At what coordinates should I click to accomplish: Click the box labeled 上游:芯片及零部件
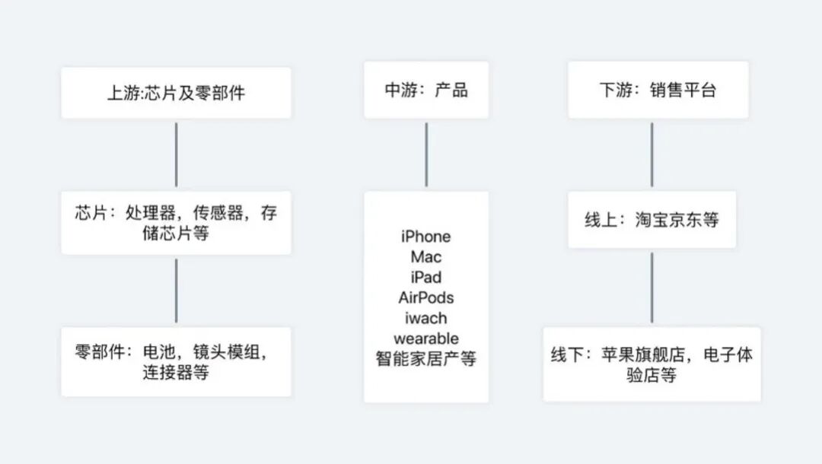pos(176,93)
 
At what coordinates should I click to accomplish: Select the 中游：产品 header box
pos(425,91)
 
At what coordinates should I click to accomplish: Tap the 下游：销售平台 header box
pos(658,91)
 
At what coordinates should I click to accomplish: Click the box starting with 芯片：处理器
pos(176,223)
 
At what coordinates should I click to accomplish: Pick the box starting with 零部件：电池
pos(176,362)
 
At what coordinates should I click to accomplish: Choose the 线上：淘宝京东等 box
pos(652,221)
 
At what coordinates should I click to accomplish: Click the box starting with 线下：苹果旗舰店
pos(652,365)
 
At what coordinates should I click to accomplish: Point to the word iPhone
pos(425,237)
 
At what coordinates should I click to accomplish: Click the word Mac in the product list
pos(425,257)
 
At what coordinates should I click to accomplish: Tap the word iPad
pos(425,277)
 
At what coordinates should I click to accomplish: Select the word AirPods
pos(425,297)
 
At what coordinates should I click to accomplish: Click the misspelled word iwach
pos(425,318)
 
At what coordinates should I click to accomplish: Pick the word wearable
pos(425,338)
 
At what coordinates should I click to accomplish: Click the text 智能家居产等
pos(425,358)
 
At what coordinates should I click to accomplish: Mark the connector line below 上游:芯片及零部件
pos(176,154)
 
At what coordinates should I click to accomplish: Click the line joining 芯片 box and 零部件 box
pos(176,291)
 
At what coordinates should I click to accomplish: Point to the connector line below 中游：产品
pos(425,154)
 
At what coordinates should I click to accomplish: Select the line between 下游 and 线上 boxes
pos(652,154)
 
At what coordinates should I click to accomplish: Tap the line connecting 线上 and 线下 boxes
pos(652,288)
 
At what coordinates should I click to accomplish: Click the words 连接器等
pos(175,373)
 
